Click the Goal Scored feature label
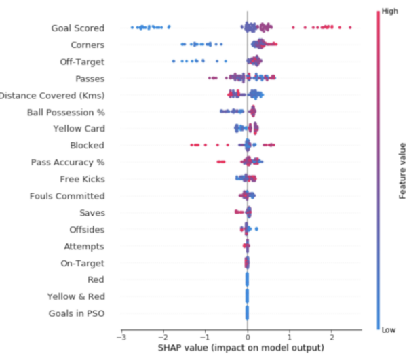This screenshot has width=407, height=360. point(78,28)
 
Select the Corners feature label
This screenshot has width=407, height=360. point(88,45)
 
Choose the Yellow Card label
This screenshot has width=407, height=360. point(79,129)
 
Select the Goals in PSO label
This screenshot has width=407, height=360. point(76,313)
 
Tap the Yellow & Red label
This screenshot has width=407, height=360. point(76,296)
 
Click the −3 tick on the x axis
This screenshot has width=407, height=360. point(121,337)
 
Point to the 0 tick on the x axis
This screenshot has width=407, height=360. point(248,337)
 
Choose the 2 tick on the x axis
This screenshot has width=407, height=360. point(332,337)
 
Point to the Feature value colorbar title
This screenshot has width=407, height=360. point(402,169)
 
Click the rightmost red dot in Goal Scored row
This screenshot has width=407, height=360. point(350,28)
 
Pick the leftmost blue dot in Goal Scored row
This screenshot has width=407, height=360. point(132,27)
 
